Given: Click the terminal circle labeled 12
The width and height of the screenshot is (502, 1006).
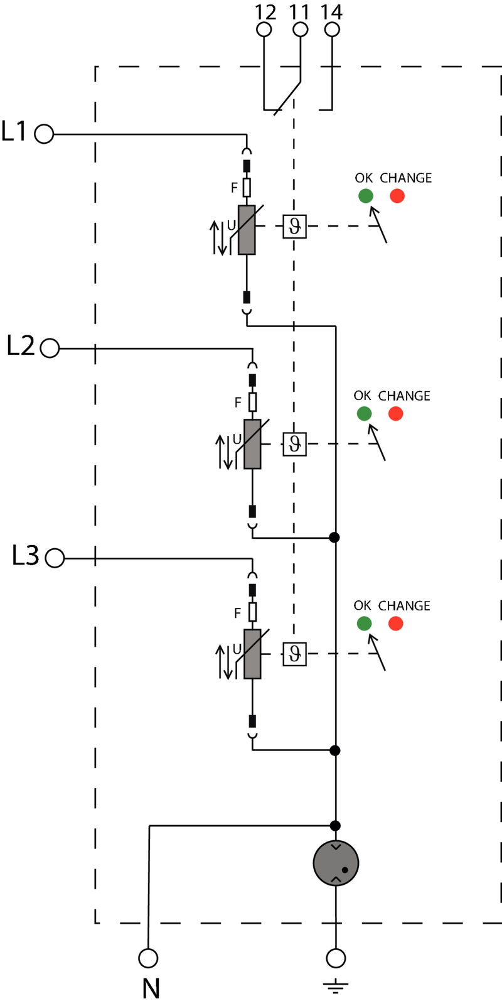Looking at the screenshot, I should pos(265,30).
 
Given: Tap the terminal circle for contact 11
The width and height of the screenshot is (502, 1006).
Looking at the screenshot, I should pos(301,30).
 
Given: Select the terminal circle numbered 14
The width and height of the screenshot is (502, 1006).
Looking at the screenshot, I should pos(333,30).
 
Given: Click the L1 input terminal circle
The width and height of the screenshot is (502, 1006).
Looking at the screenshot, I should pos(44,134).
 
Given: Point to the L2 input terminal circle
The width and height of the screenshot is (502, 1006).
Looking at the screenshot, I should pos(50,348).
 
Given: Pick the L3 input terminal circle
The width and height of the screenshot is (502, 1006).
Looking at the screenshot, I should pos(55,558).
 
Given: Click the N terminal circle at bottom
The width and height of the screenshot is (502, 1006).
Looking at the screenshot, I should pos(148,958).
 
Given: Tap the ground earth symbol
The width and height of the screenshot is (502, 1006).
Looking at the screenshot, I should pos(336,986).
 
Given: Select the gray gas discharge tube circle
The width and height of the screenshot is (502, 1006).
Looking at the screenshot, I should pos(336,863).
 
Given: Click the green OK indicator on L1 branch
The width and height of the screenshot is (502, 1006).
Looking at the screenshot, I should pos(365,196).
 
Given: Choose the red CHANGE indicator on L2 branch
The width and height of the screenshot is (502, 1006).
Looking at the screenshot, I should pos(395,414).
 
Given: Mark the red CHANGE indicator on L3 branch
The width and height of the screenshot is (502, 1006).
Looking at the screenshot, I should pos(395,624).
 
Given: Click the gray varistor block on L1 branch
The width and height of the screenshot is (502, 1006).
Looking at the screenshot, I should pos(247,230).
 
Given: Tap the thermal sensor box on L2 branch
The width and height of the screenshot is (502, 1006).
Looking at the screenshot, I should pos(294,445).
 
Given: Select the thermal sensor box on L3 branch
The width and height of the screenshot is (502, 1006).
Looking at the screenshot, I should pos(294,654).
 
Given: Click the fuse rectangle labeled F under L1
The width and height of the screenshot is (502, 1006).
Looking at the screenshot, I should pos(247,187).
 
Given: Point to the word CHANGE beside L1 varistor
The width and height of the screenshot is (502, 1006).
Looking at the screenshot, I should pos(405,178).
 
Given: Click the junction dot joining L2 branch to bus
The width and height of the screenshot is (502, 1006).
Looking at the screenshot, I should pos(334,538).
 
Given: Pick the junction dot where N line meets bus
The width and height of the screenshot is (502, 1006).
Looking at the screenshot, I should pos(335,825).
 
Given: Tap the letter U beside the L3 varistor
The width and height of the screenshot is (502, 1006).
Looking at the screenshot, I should pos(237,649).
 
